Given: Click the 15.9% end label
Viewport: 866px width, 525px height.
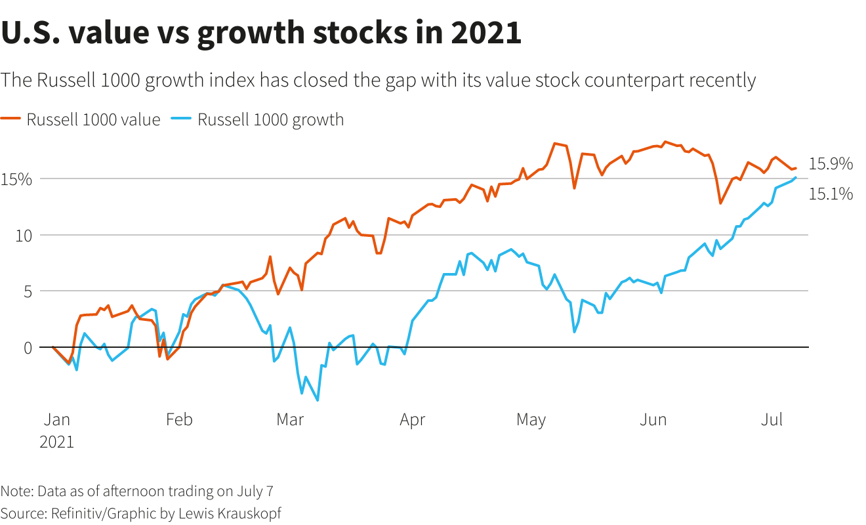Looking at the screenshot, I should click(x=831, y=164).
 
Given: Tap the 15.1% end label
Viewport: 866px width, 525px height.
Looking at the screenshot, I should click(x=831, y=194).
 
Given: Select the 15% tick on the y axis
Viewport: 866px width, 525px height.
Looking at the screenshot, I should click(x=16, y=179).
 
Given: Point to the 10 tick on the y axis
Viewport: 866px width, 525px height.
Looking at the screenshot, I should click(x=23, y=236).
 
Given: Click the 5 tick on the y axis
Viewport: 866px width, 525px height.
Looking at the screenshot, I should click(x=27, y=291).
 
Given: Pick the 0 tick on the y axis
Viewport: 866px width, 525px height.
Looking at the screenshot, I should click(x=27, y=348).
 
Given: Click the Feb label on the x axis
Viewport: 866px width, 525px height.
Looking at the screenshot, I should click(x=179, y=419).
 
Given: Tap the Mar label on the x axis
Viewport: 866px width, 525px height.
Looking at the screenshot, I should click(x=290, y=419).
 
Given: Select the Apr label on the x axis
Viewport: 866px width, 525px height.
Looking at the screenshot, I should click(x=412, y=419).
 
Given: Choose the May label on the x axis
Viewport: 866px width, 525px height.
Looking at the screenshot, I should click(x=531, y=419).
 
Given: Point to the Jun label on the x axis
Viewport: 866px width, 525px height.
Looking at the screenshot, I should click(x=653, y=419).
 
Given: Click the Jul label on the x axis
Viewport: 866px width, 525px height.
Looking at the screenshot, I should click(x=772, y=419).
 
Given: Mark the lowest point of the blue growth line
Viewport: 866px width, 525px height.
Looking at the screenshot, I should click(x=318, y=400).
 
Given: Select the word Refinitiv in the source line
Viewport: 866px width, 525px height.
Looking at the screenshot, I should click(x=78, y=513).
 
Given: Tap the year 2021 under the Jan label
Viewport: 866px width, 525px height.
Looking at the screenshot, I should click(x=57, y=442).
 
